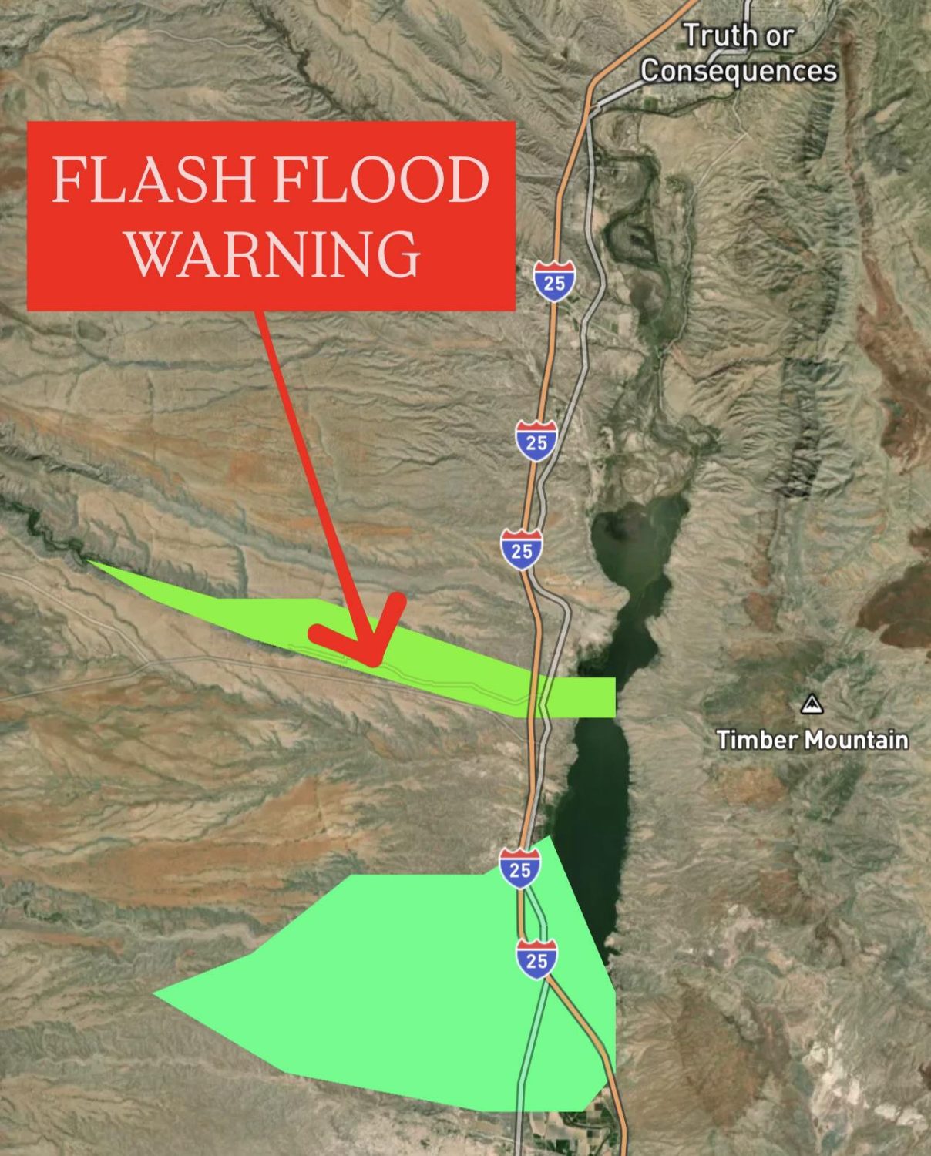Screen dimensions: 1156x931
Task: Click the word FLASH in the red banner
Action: click(153, 180)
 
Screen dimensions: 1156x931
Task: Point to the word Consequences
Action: click(738, 71)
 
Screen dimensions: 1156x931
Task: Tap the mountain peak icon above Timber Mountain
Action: click(811, 704)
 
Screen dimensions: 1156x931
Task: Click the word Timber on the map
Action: click(758, 740)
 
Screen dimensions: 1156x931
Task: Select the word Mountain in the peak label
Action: click(856, 740)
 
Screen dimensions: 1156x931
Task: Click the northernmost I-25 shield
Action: click(554, 282)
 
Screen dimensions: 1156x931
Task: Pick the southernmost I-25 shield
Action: click(536, 959)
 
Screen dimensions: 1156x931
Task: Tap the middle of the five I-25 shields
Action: click(522, 550)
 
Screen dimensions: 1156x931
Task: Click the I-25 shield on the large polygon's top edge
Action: click(520, 869)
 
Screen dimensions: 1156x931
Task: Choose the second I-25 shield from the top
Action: click(536, 442)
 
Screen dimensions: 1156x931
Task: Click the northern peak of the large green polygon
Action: click(548, 838)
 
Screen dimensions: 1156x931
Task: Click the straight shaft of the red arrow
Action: click(308, 462)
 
